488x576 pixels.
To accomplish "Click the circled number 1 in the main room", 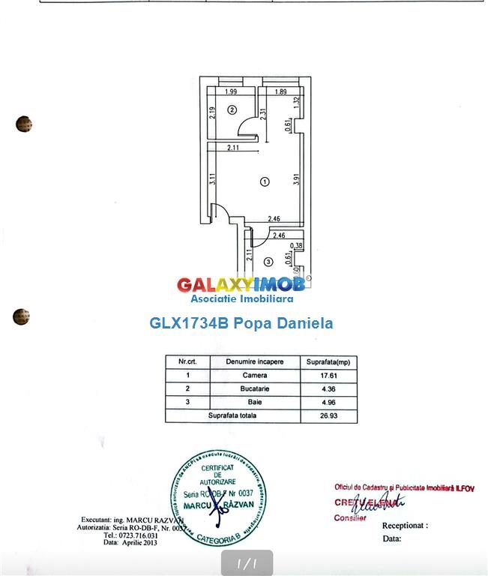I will click(264, 181).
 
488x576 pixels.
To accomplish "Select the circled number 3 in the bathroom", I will click(268, 262).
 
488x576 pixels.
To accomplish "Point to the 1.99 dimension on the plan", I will click(230, 91).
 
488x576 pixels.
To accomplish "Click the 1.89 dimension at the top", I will click(280, 91).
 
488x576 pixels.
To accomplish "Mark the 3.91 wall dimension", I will click(297, 180).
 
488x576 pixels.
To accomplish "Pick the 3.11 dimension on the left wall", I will click(213, 179).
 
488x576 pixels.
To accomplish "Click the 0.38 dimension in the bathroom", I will click(297, 245).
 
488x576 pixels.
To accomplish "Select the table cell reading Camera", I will click(255, 375).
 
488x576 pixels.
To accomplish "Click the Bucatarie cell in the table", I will click(255, 388).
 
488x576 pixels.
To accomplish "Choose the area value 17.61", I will click(328, 375).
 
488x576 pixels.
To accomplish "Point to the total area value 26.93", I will click(328, 415).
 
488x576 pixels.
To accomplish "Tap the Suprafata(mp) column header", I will click(328, 361).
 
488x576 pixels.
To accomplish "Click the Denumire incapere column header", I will click(255, 361).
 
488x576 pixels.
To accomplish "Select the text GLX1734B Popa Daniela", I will click(241, 323).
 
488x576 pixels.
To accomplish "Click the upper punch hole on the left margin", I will click(23, 124).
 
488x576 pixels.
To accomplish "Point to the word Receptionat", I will click(404, 526).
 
